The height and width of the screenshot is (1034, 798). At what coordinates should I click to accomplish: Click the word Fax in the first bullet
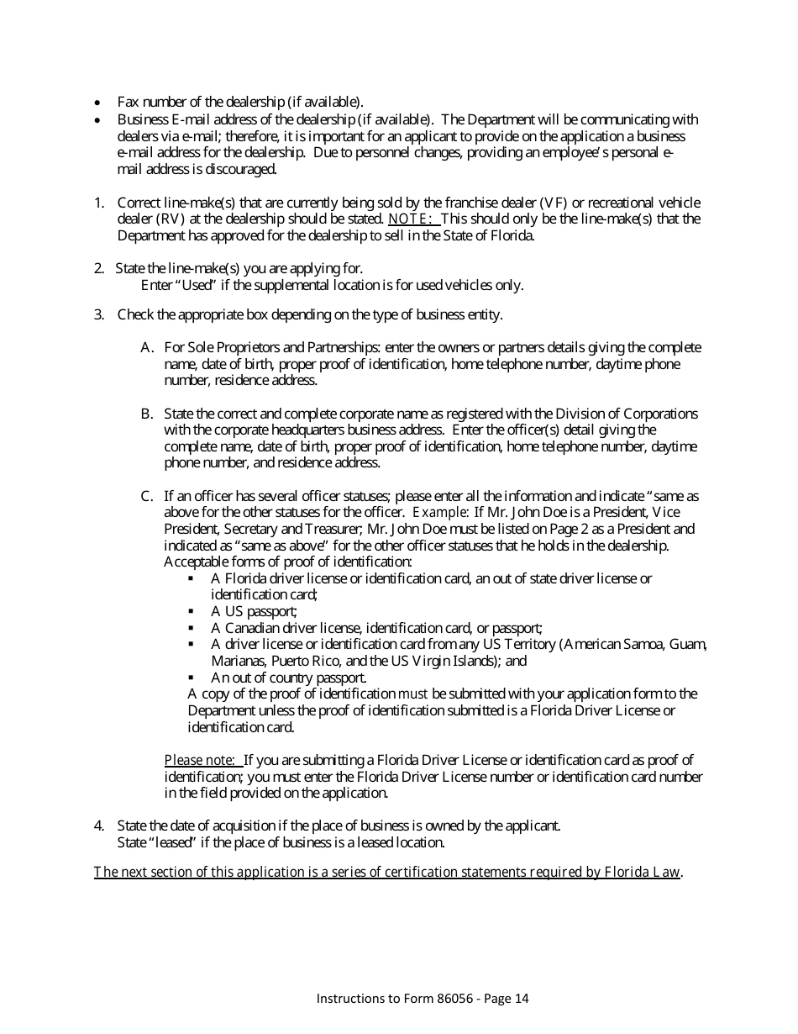(x=128, y=102)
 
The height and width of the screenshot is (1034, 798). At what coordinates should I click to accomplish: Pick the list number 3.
(x=98, y=315)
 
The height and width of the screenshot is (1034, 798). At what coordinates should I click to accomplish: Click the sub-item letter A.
(x=146, y=348)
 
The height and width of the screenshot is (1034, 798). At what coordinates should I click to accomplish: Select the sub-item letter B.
(x=146, y=414)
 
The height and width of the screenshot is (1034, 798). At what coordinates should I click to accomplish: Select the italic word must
(x=413, y=694)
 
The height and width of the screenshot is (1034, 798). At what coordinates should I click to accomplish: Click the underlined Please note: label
(x=203, y=761)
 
